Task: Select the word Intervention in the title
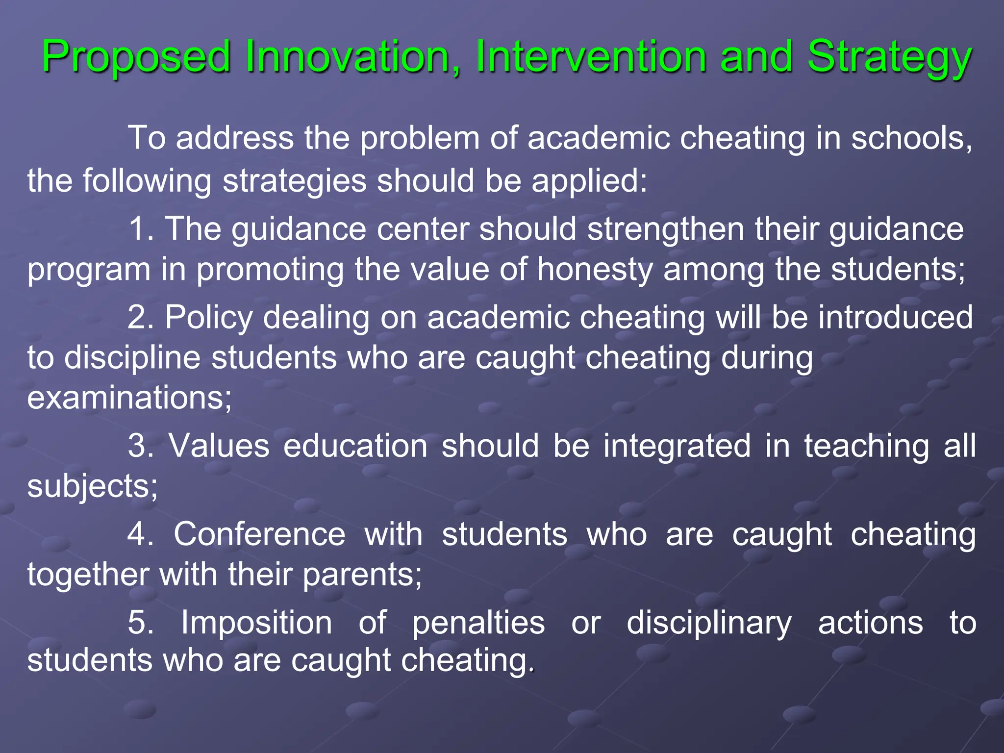[590, 57]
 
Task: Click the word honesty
[595, 271]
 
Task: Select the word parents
[357, 575]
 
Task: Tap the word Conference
[259, 534]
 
